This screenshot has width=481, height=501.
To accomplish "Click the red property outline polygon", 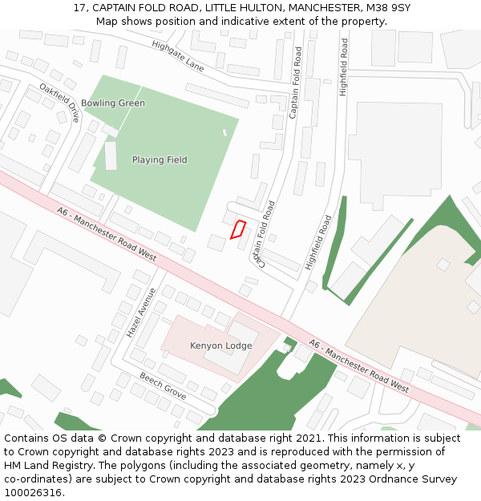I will pyautogui.click(x=237, y=229).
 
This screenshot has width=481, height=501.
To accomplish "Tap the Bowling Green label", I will pyautogui.click(x=113, y=103).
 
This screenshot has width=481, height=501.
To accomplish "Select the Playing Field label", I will pyautogui.click(x=160, y=160).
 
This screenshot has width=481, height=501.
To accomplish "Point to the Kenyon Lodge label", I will pyautogui.click(x=220, y=346).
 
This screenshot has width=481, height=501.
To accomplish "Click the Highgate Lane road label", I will pyautogui.click(x=178, y=56).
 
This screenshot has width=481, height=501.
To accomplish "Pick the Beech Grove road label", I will pyautogui.click(x=163, y=386).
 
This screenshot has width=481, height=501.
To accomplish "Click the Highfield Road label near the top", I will pyautogui.click(x=344, y=67).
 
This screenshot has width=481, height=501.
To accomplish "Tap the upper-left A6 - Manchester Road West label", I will pyautogui.click(x=107, y=233).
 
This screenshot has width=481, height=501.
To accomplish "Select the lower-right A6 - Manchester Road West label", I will pyautogui.click(x=359, y=366).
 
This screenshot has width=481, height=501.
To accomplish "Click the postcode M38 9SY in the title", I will pyautogui.click(x=386, y=7).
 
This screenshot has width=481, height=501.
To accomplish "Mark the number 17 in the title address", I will pyautogui.click(x=79, y=7).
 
